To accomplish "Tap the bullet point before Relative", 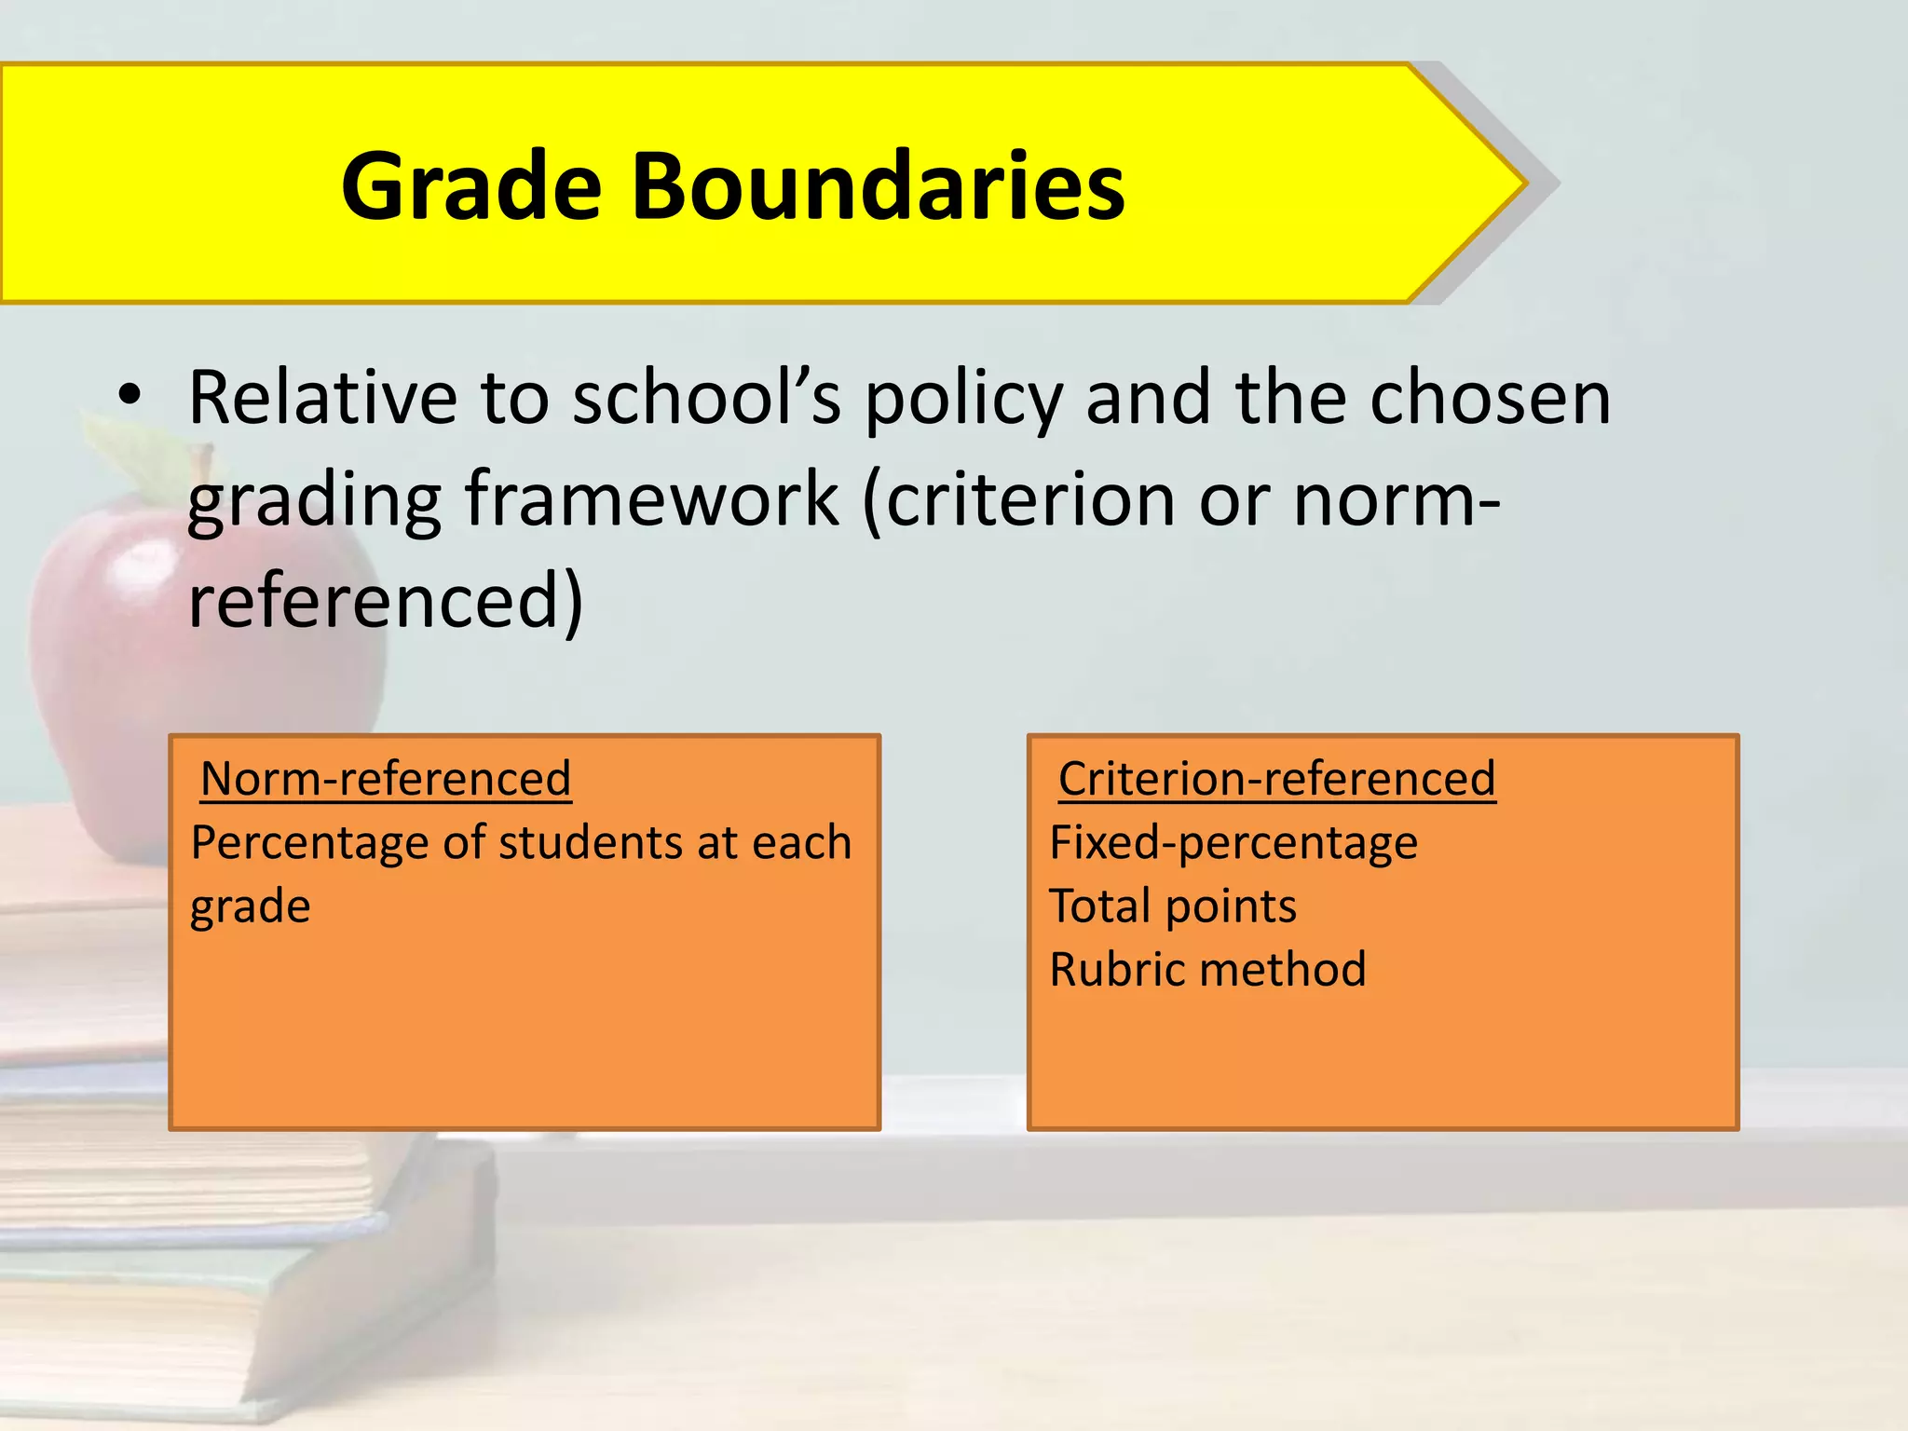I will coord(129,395).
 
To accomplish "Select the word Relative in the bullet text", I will coord(322,398).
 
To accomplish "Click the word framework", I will coord(651,499).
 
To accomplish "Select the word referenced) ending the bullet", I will coord(386,601).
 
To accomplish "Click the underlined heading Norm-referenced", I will coord(386,779).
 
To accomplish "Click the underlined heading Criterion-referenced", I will coord(1276,779).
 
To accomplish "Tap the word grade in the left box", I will coord(250,906).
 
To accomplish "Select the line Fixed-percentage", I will coord(1233,843).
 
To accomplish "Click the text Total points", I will coord(1172,906).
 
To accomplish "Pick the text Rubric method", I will coord(1207,970).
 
